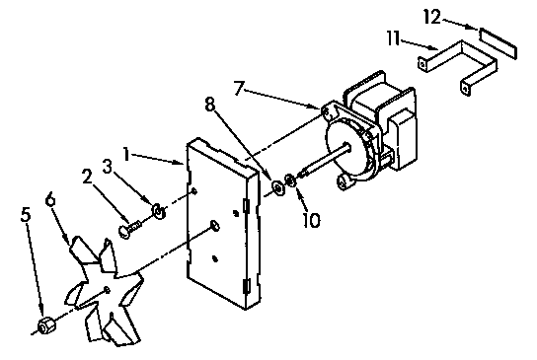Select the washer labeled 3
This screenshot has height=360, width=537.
click(159, 212)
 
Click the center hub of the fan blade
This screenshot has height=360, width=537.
click(105, 290)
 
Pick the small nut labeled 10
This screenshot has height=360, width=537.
click(289, 180)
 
